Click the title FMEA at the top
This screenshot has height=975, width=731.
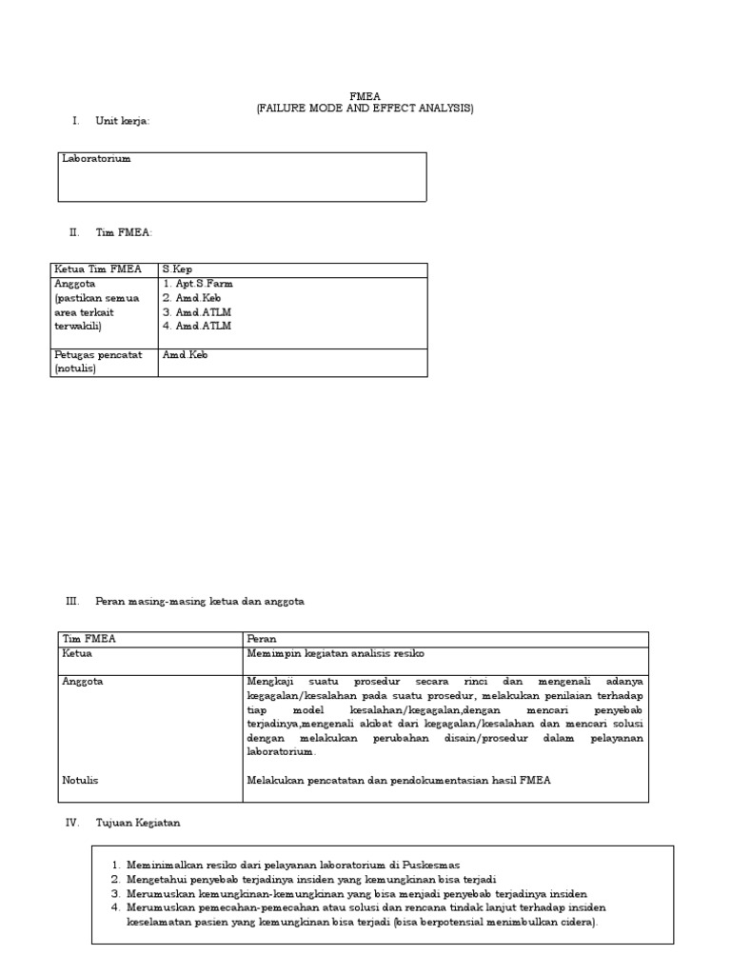(364, 95)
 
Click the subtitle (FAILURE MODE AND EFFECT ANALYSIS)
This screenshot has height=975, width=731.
(364, 109)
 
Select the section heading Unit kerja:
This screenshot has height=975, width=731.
(123, 121)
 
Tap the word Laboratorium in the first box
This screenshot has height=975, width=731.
(96, 159)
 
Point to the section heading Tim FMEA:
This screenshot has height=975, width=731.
(124, 232)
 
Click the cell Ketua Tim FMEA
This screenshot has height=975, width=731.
(98, 269)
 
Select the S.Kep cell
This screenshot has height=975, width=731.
(177, 269)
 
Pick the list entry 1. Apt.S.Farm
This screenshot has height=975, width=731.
(197, 284)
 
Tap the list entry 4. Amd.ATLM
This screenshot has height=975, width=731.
(196, 326)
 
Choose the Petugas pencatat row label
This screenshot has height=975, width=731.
(98, 355)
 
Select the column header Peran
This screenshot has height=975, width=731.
(261, 639)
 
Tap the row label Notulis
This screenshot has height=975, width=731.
(80, 780)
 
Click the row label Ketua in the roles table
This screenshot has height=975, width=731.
(77, 653)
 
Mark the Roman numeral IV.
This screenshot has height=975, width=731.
(71, 822)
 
